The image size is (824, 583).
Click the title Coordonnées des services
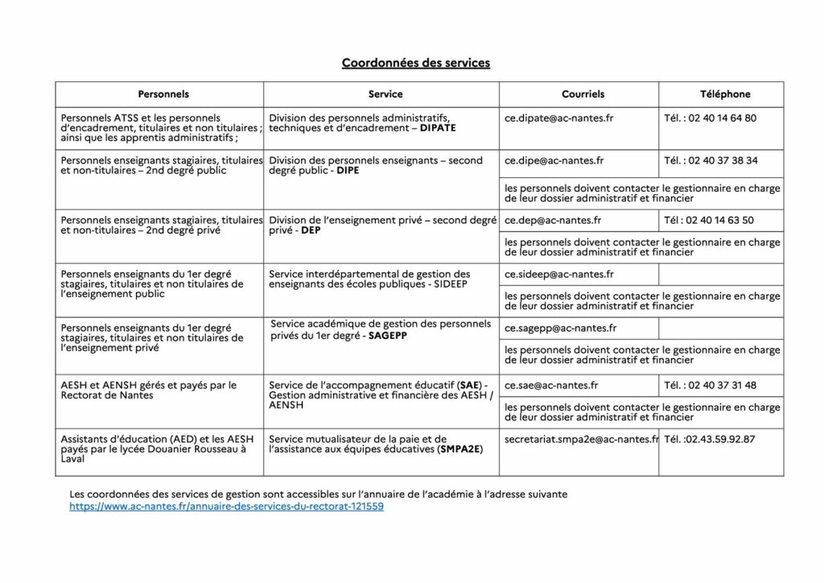pos(415,63)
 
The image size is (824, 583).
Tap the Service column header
pos(385,94)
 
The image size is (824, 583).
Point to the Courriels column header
pos(583,94)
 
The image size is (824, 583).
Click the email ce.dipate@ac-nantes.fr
pos(558,118)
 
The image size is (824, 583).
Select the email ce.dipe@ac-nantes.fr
pos(554,160)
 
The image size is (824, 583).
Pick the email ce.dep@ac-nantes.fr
pos(552,220)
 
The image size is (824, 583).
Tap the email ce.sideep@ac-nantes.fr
pos(558,275)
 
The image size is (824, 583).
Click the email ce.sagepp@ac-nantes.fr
pos(560,329)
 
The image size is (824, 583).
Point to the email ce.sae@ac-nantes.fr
pos(551,385)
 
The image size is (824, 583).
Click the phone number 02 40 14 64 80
pos(722,118)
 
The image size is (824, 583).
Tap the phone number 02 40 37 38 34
pos(722,160)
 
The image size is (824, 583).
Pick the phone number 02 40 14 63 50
pos(719,220)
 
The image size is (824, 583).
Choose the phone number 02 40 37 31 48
pos(722,385)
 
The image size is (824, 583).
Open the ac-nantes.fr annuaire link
pos(226,507)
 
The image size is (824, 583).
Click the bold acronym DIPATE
pos(438,128)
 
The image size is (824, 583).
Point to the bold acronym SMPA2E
pos(460,449)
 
